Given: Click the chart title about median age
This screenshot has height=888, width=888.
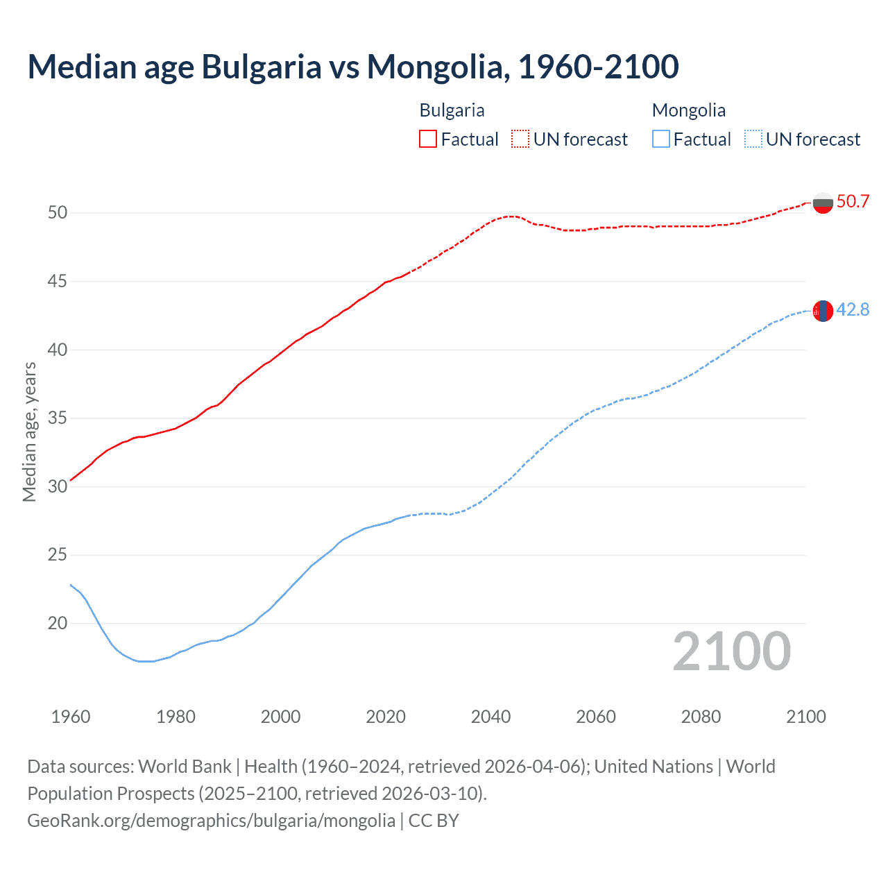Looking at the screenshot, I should (352, 67).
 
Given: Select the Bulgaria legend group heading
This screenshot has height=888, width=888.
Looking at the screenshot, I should (452, 110).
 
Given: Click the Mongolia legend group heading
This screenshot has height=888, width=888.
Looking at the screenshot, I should (688, 110).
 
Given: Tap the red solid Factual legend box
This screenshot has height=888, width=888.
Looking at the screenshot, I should (428, 139).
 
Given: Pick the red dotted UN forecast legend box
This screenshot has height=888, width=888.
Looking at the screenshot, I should (520, 139).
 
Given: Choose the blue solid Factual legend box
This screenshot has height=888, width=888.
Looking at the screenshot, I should (661, 139).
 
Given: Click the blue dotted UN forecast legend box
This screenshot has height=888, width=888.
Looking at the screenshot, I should (753, 139).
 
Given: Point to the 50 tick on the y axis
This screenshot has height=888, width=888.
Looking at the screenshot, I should (58, 213).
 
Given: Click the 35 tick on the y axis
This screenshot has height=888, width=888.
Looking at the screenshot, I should (58, 418).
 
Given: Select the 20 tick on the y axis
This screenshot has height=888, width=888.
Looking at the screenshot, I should (58, 624).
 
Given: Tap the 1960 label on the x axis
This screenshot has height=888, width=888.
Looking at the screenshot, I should (71, 717).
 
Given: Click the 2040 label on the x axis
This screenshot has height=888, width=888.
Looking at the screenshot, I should (490, 717).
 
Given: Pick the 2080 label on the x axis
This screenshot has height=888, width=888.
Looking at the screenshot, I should (701, 717).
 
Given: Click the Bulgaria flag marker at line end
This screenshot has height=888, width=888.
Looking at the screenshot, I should (823, 203).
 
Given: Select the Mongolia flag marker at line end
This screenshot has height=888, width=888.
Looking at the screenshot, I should (823, 311).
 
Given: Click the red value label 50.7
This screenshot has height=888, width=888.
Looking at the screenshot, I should (853, 202).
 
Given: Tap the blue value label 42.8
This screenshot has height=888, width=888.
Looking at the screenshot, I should (853, 310).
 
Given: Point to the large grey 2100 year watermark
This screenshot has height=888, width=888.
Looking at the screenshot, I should (731, 651).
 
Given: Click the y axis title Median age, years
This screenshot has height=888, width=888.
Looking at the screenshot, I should (29, 432).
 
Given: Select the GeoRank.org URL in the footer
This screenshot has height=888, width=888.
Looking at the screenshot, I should (211, 821).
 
